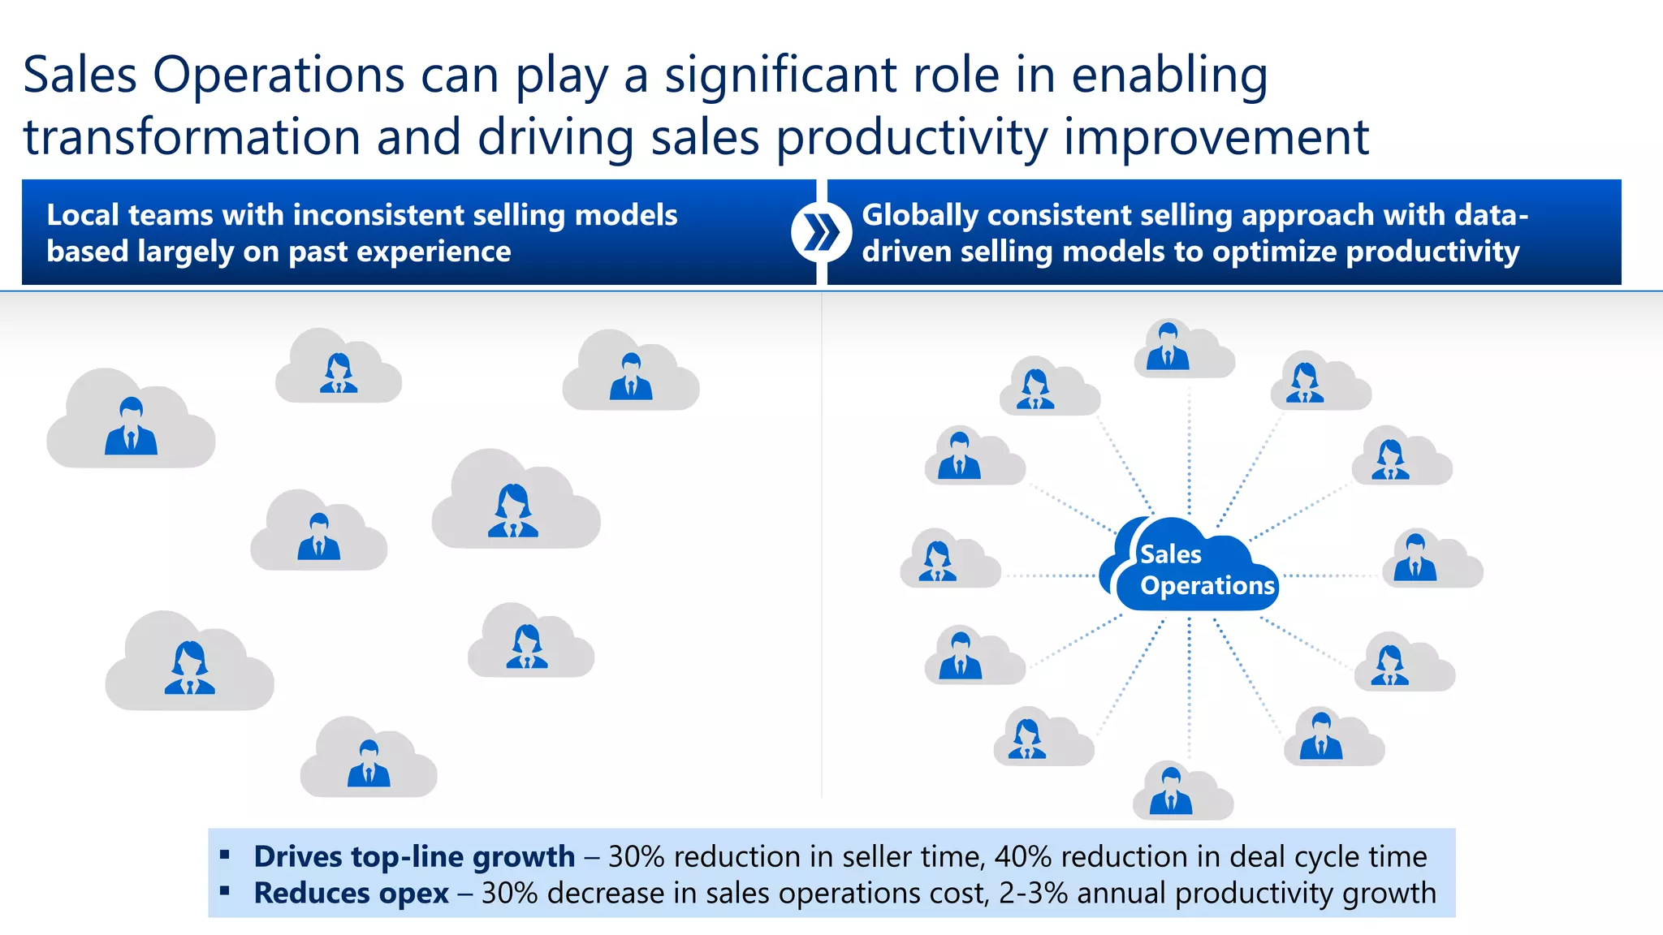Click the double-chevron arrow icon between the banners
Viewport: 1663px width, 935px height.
click(x=821, y=233)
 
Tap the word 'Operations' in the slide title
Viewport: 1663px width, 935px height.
click(x=279, y=75)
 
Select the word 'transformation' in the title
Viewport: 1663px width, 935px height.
click(x=192, y=137)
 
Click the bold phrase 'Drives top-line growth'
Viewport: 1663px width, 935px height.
click(x=414, y=857)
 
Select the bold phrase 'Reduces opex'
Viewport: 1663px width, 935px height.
click(x=351, y=894)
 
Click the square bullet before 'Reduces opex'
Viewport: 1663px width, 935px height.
click(x=225, y=891)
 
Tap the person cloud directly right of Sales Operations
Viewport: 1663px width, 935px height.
click(x=1432, y=560)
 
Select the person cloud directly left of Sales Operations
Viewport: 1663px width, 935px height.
click(x=949, y=560)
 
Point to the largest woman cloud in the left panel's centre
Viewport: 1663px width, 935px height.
click(x=515, y=503)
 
